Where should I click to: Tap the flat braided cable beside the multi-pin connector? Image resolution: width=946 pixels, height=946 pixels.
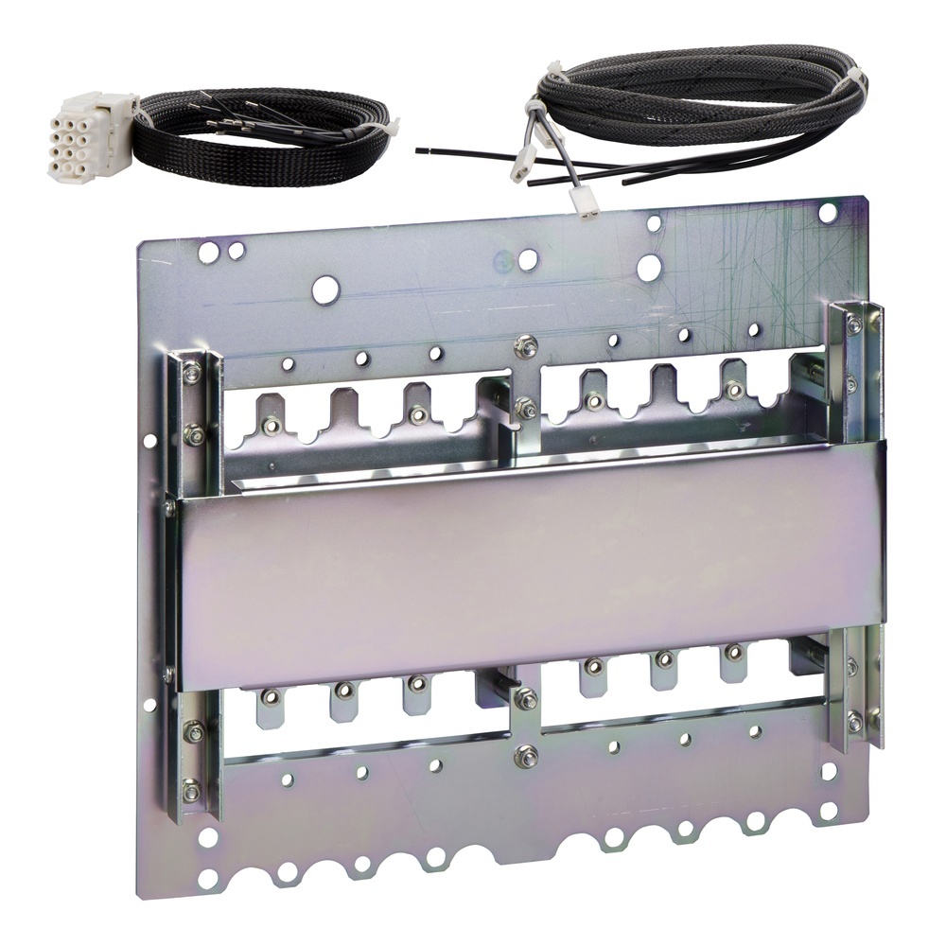click(x=255, y=142)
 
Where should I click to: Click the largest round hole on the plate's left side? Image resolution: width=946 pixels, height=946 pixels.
click(x=324, y=289)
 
